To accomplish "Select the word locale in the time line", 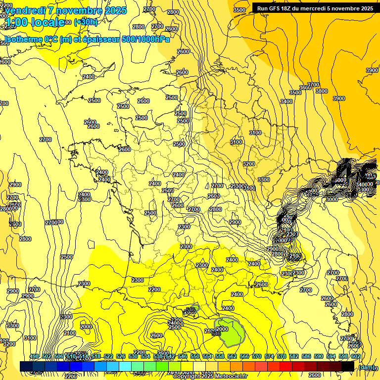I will [x=47, y=22].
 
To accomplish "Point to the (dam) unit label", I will [x=366, y=367].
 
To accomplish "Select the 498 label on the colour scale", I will [x=34, y=357].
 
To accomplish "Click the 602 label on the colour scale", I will [x=355, y=357].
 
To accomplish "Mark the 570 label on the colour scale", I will [x=256, y=357].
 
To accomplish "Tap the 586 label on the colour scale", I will [x=306, y=357].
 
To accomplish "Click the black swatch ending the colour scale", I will [x=348, y=366].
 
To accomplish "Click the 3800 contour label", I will [x=322, y=91].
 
